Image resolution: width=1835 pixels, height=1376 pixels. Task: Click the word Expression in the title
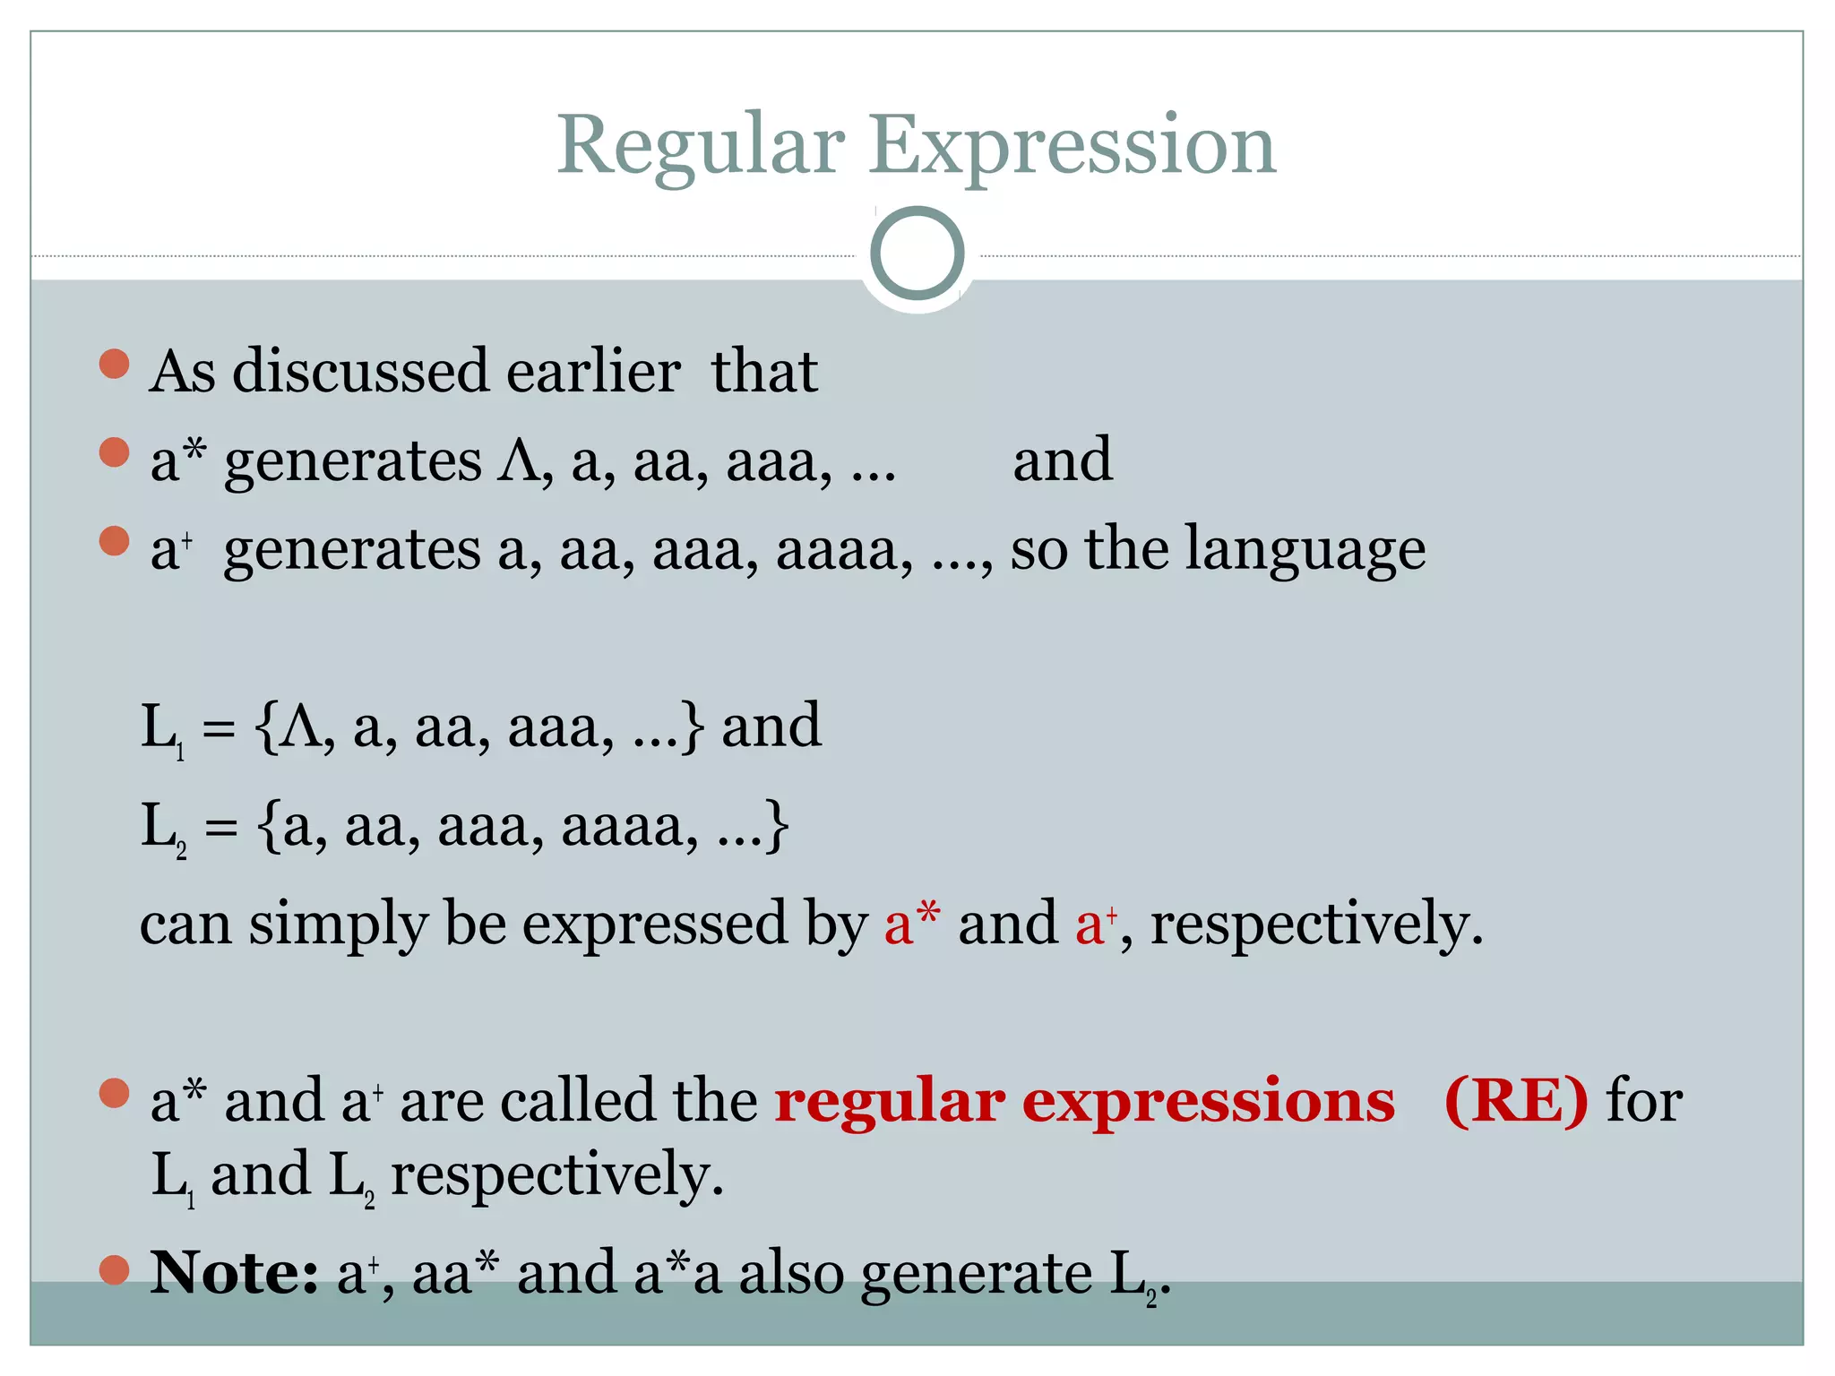point(1072,146)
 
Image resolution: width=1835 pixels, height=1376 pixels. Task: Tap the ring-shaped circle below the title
point(917,254)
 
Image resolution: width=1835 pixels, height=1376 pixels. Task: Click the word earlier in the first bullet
point(593,371)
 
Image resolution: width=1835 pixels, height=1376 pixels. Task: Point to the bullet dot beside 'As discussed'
point(115,364)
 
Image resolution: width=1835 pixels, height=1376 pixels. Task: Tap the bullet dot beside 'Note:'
point(115,1269)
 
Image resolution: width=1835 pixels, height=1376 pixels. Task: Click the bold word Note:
point(234,1272)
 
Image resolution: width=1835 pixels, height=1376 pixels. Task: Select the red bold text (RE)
point(1516,1100)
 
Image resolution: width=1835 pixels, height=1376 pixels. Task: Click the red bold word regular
point(889,1102)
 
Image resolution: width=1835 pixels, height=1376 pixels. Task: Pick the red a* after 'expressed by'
point(911,923)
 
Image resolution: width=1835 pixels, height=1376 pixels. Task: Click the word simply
point(339,924)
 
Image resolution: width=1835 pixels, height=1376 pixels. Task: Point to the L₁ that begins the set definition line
point(162,727)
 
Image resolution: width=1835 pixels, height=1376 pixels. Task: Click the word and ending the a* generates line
point(1063,459)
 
